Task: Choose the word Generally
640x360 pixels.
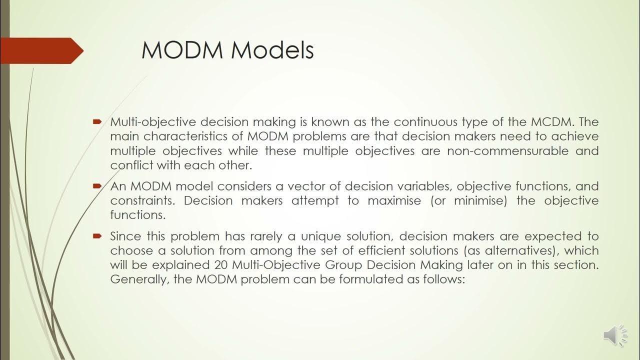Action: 140,279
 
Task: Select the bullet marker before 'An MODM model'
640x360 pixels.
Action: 97,186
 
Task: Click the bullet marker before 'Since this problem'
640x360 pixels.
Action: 97,235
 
